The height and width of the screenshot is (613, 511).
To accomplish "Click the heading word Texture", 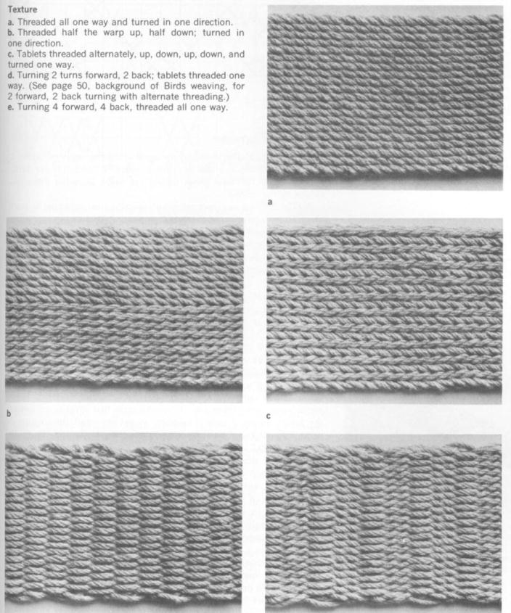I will click(x=23, y=10).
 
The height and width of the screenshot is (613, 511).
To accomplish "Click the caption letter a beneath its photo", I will click(x=270, y=203).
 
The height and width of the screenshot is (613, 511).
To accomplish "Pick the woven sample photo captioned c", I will click(x=385, y=310).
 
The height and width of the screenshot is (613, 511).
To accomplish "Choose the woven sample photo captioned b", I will click(x=124, y=310).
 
